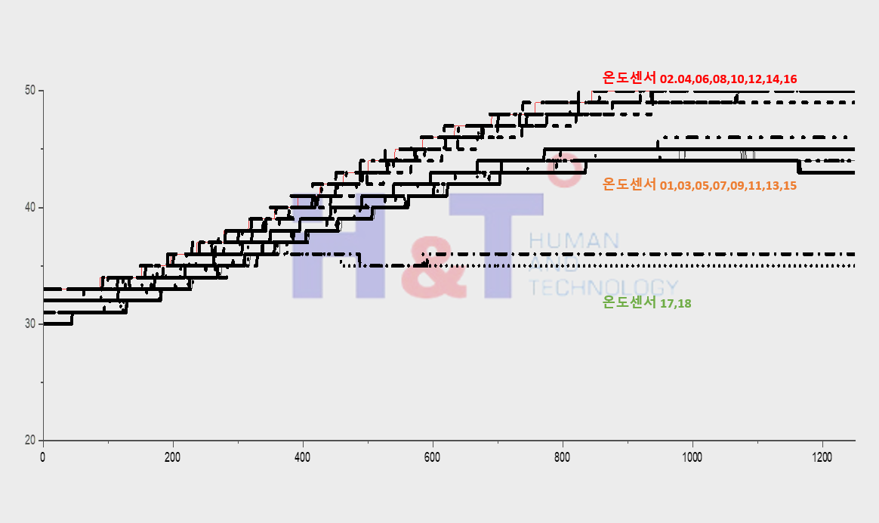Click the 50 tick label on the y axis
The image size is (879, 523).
[30, 91]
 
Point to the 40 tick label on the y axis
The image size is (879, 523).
[30, 207]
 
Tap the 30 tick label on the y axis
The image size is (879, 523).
[30, 323]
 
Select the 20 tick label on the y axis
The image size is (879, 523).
[30, 440]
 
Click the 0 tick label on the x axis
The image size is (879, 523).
[43, 457]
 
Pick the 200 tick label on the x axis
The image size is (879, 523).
[173, 457]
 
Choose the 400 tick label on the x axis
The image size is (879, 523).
[303, 457]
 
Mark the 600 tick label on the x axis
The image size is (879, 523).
[432, 457]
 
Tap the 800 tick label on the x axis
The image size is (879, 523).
[562, 457]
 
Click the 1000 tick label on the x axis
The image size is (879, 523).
[692, 457]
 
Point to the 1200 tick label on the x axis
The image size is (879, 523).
[822, 457]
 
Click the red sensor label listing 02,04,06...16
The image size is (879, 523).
[699, 78]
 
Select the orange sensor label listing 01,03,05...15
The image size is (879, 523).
[699, 184]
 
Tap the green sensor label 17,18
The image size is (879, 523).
[646, 303]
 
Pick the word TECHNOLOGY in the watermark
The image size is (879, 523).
[602, 287]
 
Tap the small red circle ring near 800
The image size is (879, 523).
[563, 170]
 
